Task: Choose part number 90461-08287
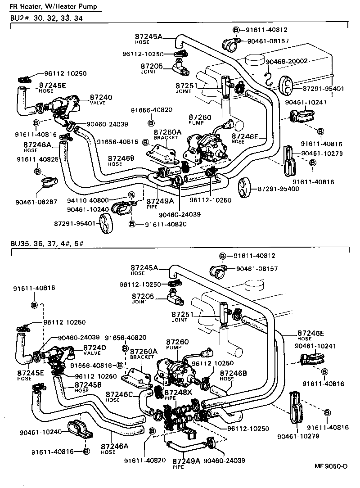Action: point(37,202)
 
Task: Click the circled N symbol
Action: point(131,195)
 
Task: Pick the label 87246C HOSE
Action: point(119,397)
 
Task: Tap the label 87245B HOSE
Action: point(88,387)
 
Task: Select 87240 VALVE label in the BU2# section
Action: point(101,99)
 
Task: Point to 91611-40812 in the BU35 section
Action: point(254,256)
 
